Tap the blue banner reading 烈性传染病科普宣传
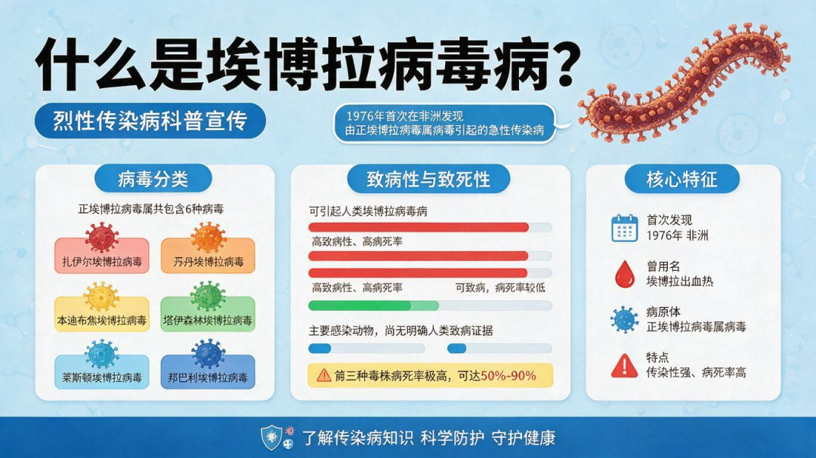150,121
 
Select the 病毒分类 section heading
153,180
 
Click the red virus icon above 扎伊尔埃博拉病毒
102,237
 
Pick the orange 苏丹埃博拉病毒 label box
209,256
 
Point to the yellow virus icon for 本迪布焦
101,297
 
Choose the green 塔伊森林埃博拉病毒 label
208,314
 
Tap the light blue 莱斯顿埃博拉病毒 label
102,372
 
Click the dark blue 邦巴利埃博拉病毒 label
208,372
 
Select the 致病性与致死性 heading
428,180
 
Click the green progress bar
374,306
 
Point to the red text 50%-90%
508,376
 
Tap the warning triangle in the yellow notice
323,375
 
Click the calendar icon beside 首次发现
625,228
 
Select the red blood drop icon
625,274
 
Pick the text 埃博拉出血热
680,281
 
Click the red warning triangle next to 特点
625,365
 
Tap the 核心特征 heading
682,180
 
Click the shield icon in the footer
271,437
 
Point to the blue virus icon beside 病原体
625,319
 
